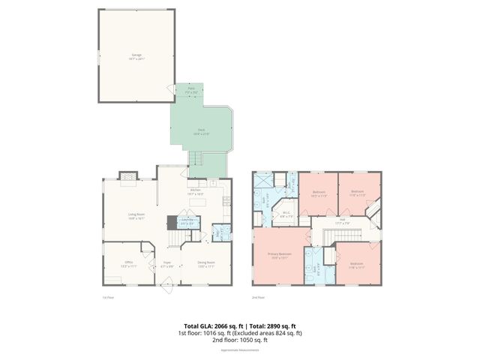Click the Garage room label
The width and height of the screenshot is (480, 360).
pyautogui.click(x=136, y=55)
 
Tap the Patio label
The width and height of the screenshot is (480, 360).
pyautogui.click(x=191, y=88)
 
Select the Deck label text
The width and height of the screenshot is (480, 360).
pyautogui.click(x=201, y=131)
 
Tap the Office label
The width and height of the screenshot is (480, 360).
pyautogui.click(x=128, y=263)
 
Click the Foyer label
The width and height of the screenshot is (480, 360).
pyautogui.click(x=168, y=263)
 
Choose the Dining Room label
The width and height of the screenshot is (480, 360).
pyautogui.click(x=206, y=263)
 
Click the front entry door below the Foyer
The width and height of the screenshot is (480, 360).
pyautogui.click(x=166, y=283)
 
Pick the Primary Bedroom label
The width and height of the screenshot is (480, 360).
pyautogui.click(x=280, y=256)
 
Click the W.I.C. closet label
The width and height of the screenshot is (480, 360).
pyautogui.click(x=286, y=214)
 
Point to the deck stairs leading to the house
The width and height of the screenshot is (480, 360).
pyautogui.click(x=196, y=159)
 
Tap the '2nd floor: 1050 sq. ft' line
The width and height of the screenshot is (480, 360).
pyautogui.click(x=240, y=340)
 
